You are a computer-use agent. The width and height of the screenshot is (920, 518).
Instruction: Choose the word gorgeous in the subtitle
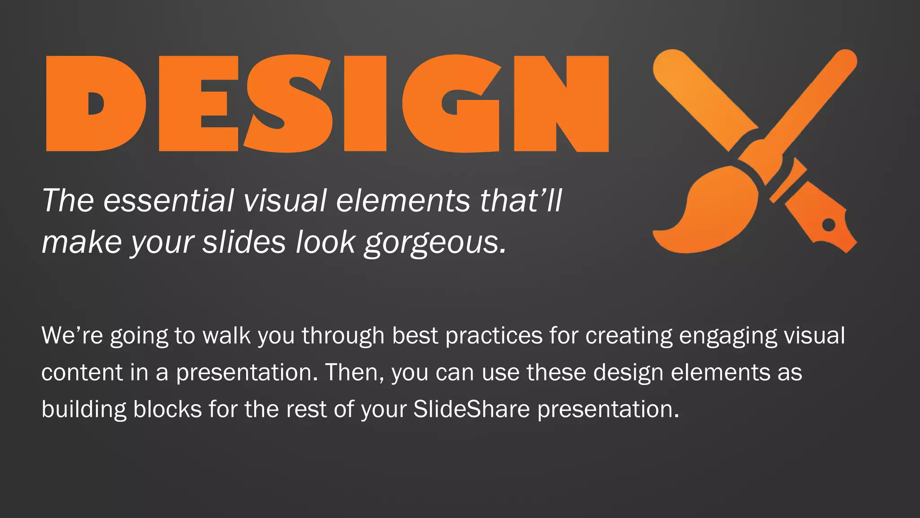(435, 243)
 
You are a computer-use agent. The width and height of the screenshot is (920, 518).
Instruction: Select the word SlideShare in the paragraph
(471, 409)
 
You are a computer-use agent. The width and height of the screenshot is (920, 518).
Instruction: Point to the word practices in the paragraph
(494, 335)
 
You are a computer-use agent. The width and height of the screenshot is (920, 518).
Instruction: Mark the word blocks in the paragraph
(167, 409)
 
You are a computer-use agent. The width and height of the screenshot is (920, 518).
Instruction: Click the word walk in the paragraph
(226, 335)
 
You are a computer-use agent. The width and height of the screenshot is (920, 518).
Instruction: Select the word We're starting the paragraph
(72, 335)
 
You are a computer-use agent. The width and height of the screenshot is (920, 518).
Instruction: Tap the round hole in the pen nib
(829, 224)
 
